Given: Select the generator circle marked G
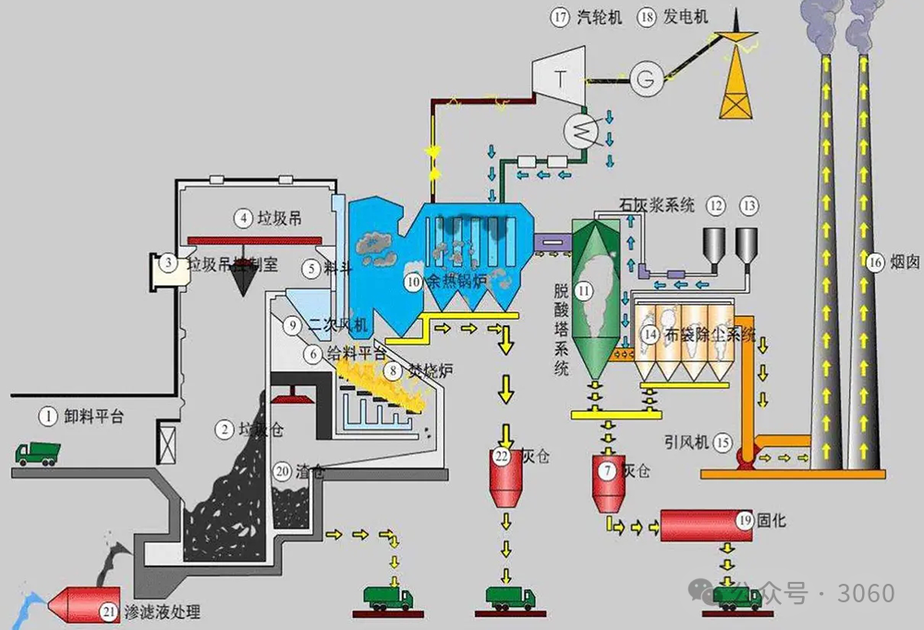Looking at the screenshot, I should click(644, 79).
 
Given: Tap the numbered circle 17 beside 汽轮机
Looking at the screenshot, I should click(560, 17).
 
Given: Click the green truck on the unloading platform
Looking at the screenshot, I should click(38, 454).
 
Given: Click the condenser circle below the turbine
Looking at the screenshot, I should click(582, 132).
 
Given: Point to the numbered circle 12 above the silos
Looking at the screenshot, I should click(716, 205).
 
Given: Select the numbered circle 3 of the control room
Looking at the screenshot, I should click(168, 263).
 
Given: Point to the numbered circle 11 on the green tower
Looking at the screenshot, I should click(583, 291).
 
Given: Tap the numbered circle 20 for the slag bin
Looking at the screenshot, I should click(283, 469).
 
